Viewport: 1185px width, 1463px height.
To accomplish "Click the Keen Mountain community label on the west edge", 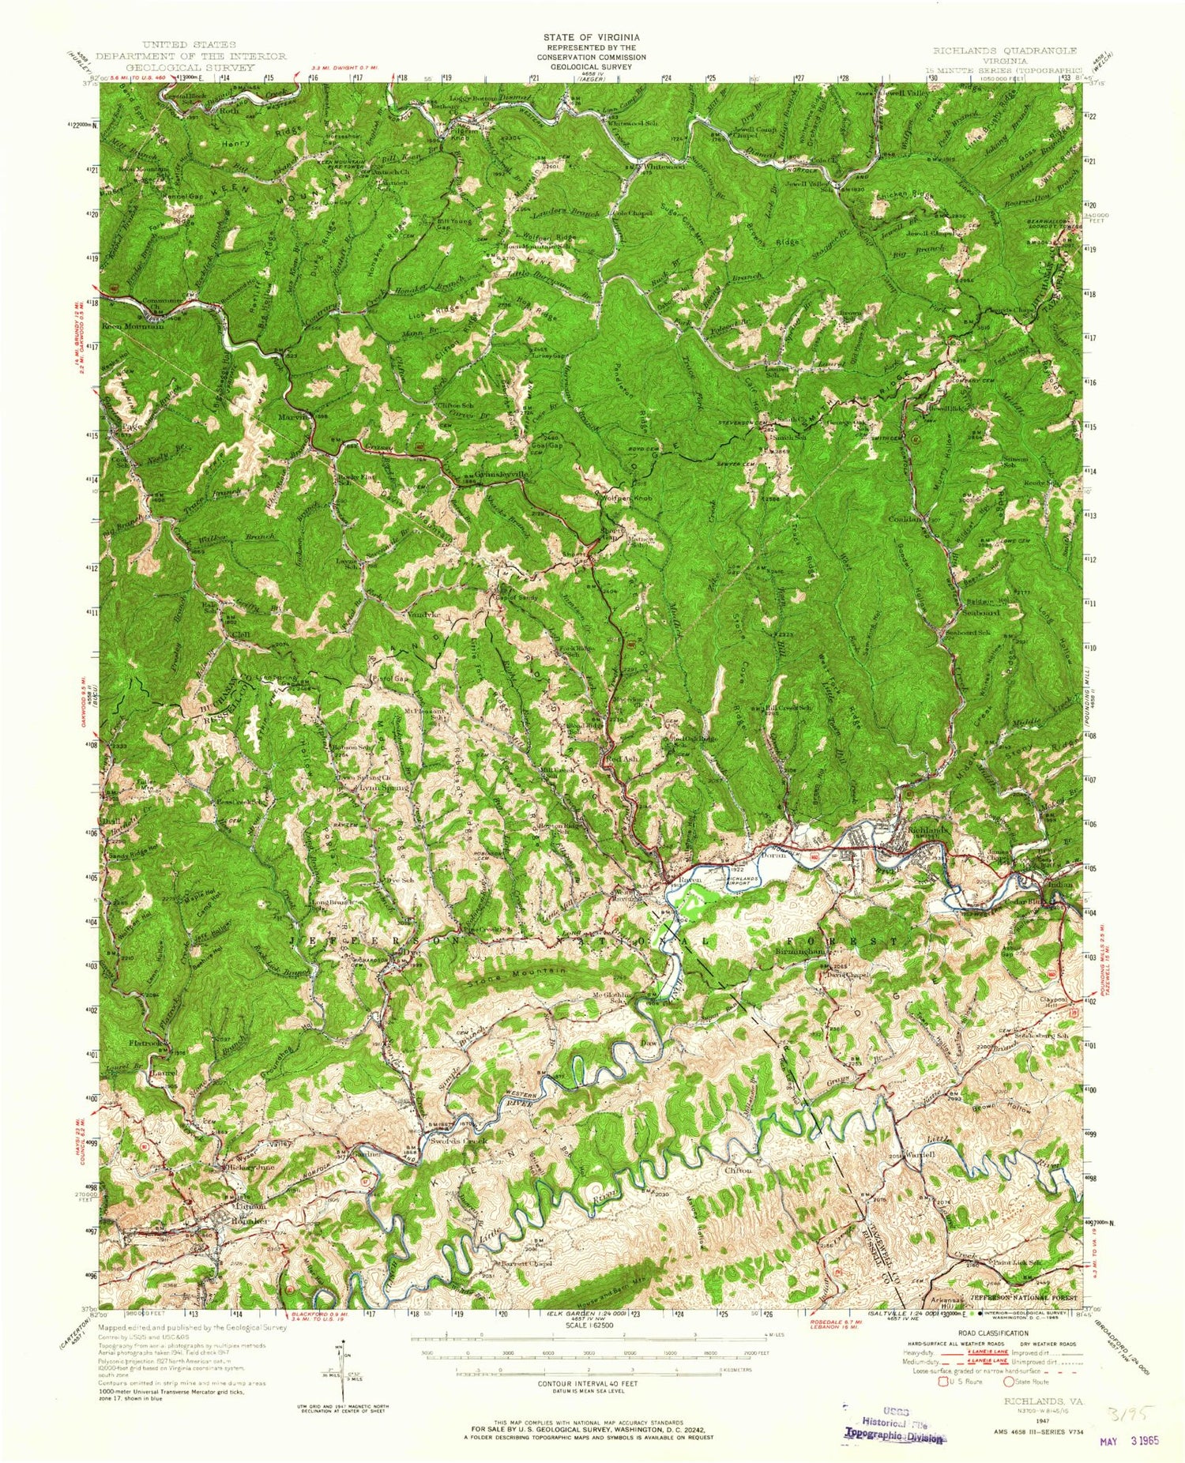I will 131,325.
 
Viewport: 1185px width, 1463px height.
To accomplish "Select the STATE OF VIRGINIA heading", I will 591,37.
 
